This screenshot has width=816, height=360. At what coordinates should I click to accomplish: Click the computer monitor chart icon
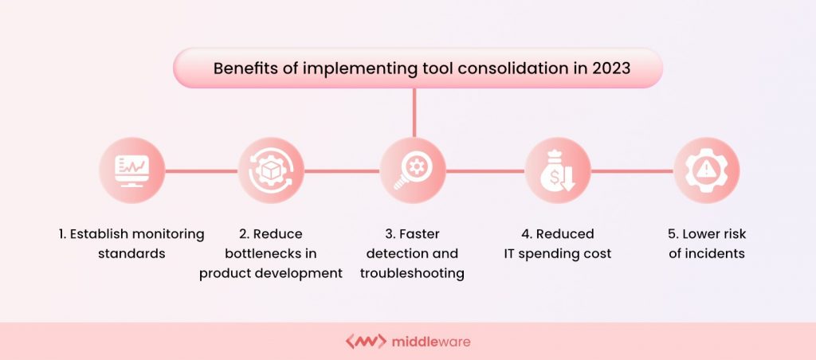(132, 170)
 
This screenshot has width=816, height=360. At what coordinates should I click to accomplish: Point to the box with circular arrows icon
(271, 170)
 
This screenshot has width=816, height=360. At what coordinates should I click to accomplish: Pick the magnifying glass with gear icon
(412, 170)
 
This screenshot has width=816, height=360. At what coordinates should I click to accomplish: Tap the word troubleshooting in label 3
(412, 273)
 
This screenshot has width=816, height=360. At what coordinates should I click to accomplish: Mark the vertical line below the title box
(414, 112)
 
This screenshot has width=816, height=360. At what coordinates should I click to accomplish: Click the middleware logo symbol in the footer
(365, 342)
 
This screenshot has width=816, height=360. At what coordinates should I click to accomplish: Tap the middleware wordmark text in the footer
(431, 342)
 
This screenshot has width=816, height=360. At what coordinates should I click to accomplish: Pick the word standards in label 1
(132, 253)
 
